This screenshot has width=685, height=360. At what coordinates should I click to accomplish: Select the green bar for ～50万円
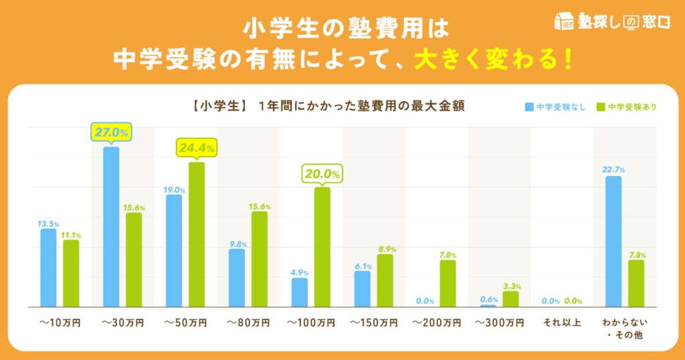[x=197, y=234]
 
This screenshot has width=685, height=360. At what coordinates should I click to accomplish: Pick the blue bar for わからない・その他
[x=613, y=241]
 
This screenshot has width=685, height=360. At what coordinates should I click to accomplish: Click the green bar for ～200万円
[x=448, y=283]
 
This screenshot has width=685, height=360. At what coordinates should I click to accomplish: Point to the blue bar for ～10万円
[x=48, y=268]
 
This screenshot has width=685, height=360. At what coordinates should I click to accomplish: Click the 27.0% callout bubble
[x=111, y=132]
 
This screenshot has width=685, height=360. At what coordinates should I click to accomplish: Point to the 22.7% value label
[x=613, y=169]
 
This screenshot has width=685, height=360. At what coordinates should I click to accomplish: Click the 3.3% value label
[x=511, y=284]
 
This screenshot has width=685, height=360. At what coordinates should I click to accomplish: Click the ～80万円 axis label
[x=248, y=323]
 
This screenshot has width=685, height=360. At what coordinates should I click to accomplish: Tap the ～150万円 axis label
[x=373, y=323]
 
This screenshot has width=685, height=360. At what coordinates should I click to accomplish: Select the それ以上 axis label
[x=562, y=323]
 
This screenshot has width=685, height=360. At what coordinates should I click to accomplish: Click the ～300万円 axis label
[x=499, y=323]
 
